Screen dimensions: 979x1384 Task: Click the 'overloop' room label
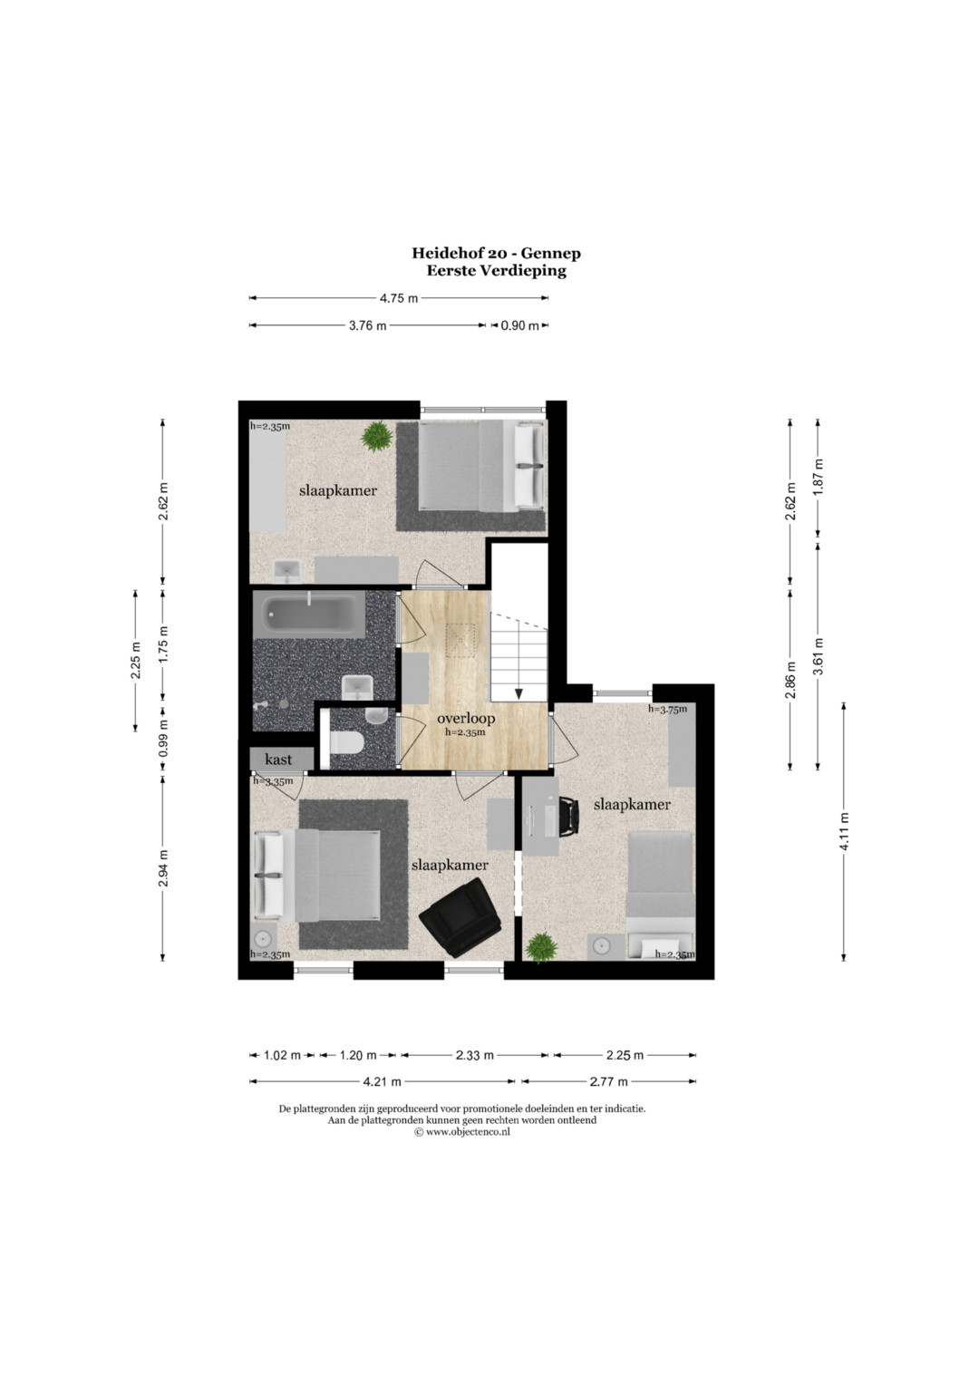(466, 719)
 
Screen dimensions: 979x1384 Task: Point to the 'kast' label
(278, 759)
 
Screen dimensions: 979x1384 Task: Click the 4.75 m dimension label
(399, 298)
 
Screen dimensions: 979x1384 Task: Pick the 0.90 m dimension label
(519, 325)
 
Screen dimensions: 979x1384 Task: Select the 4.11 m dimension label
(844, 831)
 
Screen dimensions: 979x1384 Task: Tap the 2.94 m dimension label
(163, 868)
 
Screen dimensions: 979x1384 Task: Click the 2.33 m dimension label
(475, 1055)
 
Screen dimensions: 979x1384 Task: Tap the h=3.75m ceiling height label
(667, 710)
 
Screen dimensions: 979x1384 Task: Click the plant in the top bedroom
(377, 436)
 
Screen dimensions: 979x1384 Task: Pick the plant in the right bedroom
(541, 947)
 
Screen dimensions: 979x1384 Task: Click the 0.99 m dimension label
(163, 738)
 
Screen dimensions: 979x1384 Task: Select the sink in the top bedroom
(287, 571)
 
